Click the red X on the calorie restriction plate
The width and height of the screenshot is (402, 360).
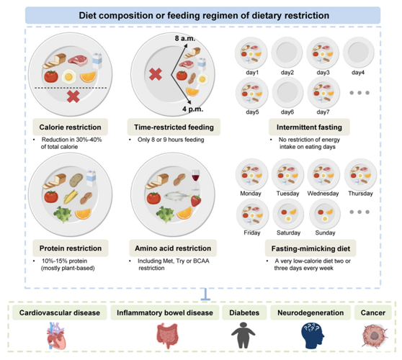click(73, 97)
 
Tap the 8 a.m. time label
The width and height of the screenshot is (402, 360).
click(185, 38)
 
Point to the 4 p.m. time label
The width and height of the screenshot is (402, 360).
click(193, 109)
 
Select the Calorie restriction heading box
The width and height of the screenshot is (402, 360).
click(71, 127)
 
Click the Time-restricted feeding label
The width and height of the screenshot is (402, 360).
click(174, 127)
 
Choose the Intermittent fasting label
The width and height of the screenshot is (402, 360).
click(309, 127)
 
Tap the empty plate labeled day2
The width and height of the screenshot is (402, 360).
click(287, 52)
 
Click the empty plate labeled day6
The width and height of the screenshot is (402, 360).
click(287, 92)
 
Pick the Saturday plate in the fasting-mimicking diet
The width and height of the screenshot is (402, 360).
click(288, 215)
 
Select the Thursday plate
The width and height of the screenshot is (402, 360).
click(360, 175)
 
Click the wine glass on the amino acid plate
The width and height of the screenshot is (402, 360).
click(196, 179)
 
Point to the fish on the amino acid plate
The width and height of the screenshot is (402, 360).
click(177, 197)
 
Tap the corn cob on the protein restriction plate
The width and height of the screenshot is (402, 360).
click(71, 197)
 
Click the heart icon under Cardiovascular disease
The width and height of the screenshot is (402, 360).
click(56, 336)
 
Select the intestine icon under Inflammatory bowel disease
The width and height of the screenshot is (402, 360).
click(167, 336)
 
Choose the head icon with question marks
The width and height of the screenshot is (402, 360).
click(313, 336)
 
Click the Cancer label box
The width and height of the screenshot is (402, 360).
click(373, 312)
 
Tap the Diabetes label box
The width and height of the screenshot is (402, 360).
click(244, 312)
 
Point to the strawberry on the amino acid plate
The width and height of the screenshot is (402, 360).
click(196, 201)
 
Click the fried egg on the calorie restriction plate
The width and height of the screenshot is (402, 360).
click(68, 76)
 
